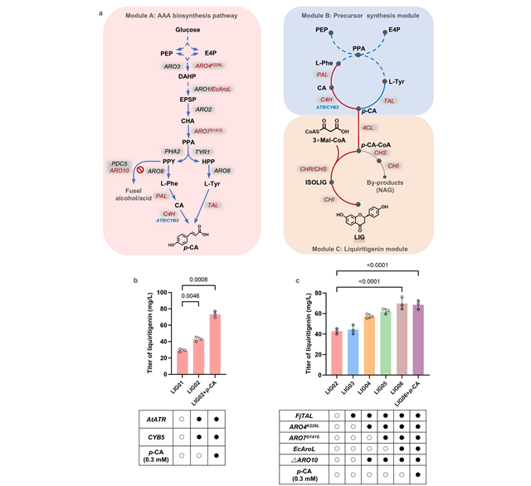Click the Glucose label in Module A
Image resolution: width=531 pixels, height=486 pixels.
pos(188,31)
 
